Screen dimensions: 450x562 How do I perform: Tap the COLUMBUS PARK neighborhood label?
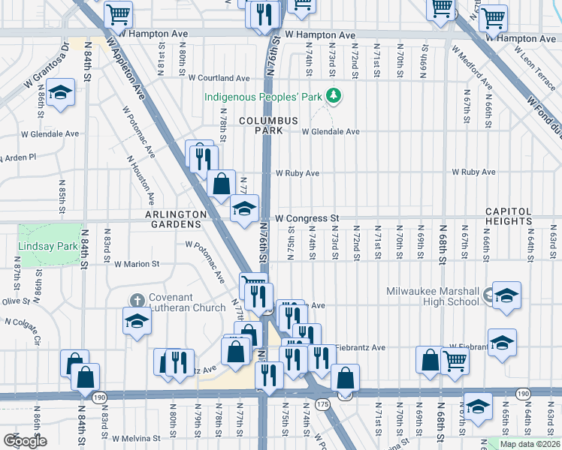click(x=268, y=125)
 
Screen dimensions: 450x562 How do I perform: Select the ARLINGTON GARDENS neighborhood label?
click(x=175, y=214)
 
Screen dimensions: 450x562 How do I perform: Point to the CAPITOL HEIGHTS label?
click(x=518, y=216)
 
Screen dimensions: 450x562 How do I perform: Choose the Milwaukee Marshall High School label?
click(x=432, y=296)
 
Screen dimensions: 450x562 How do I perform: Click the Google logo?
click(x=26, y=441)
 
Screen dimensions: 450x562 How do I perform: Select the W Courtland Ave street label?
click(x=219, y=77)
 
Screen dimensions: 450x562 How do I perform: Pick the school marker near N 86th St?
click(x=60, y=93)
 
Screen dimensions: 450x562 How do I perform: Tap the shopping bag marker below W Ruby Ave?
click(x=222, y=184)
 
